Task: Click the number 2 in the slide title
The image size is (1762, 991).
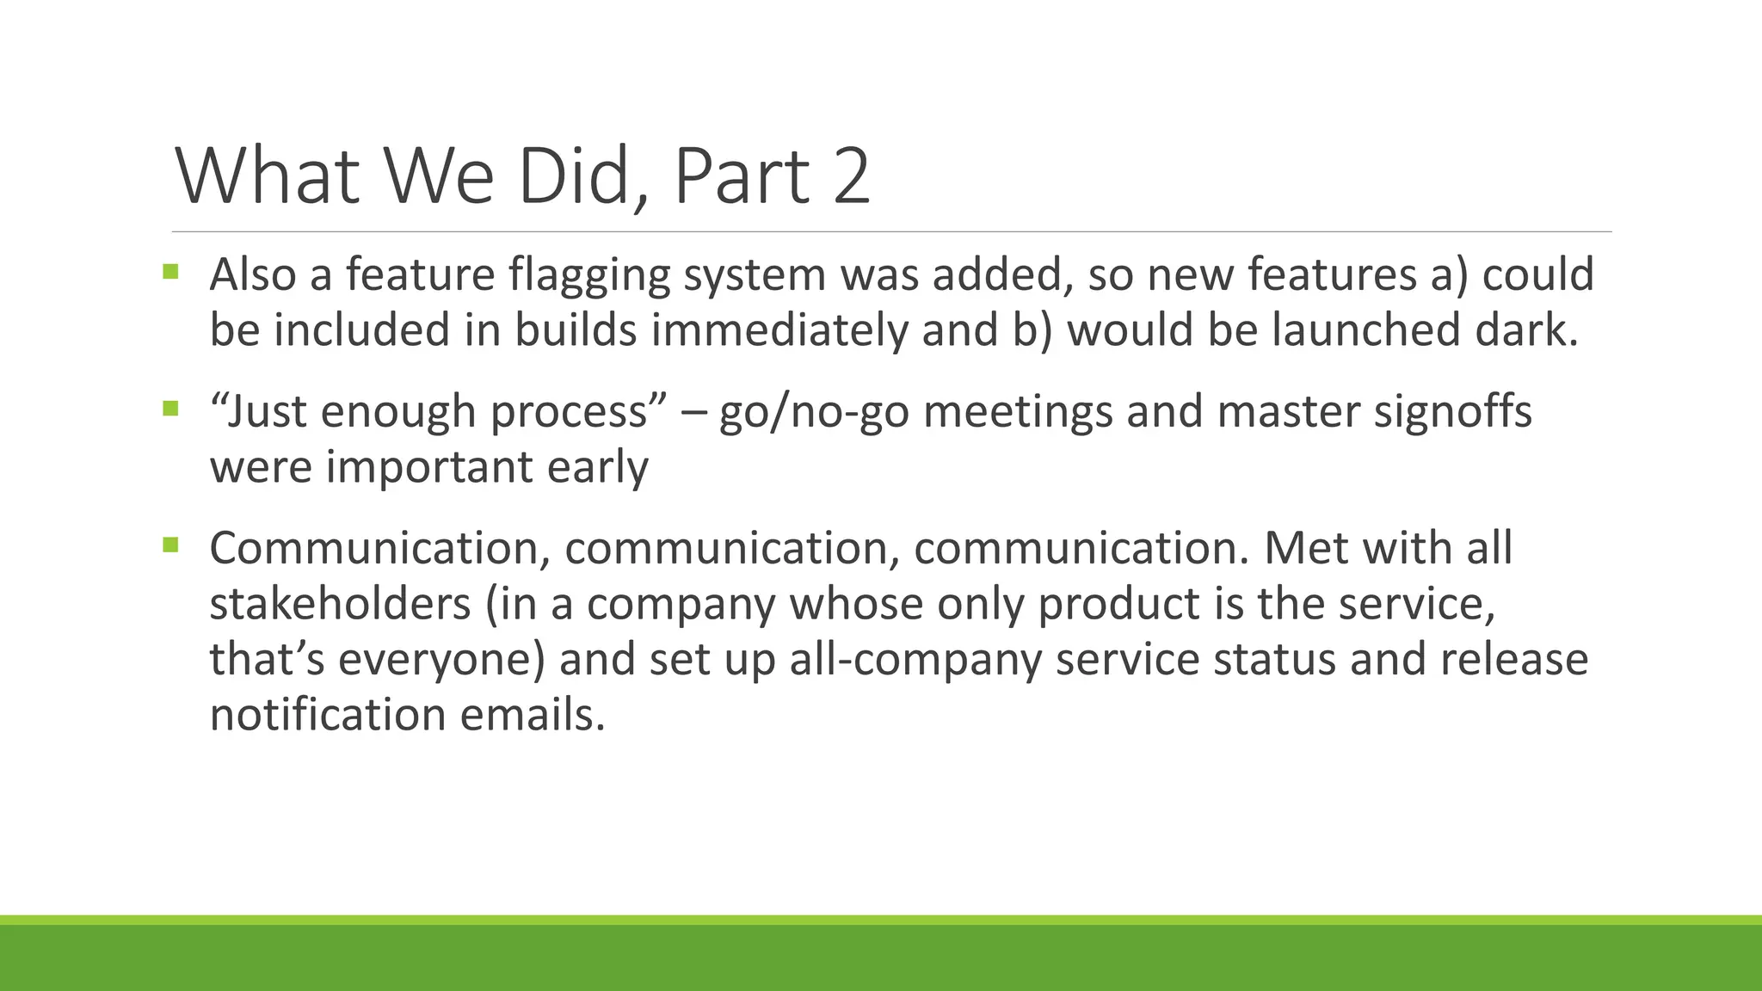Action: pyautogui.click(x=851, y=177)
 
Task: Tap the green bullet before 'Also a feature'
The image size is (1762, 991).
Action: pyautogui.click(x=170, y=272)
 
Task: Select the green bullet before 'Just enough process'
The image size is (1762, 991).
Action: pyautogui.click(x=170, y=408)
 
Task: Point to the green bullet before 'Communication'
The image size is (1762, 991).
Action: pyautogui.click(x=170, y=545)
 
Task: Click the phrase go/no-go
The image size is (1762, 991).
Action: pyautogui.click(x=814, y=412)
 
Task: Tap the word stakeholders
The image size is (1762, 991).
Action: pyautogui.click(x=340, y=603)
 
